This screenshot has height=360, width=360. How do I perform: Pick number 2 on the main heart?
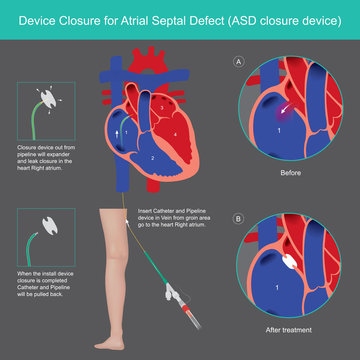[x=150, y=158]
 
